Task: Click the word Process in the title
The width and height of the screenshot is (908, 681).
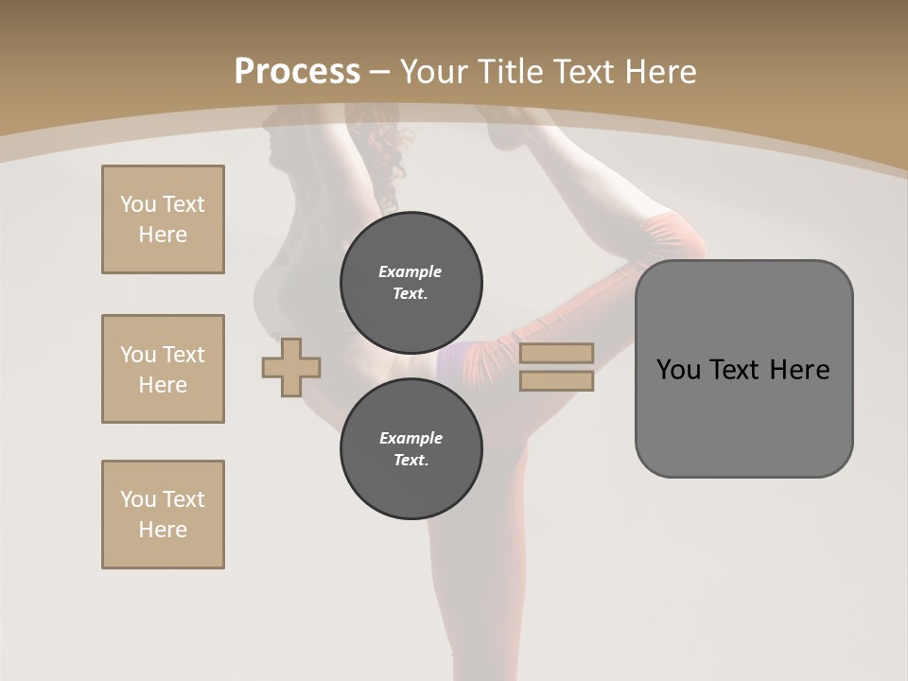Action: pyautogui.click(x=297, y=72)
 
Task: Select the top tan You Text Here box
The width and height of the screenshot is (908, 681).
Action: pyautogui.click(x=163, y=219)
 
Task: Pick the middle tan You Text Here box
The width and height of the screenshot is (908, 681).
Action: pyautogui.click(x=163, y=369)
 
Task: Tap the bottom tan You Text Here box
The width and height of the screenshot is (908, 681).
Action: pyautogui.click(x=163, y=515)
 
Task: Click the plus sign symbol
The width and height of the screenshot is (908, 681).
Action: pyautogui.click(x=291, y=367)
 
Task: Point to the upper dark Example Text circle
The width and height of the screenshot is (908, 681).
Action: pyautogui.click(x=410, y=282)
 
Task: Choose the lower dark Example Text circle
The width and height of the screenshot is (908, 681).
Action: pyautogui.click(x=410, y=448)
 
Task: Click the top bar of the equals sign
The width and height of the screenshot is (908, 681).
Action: pyautogui.click(x=556, y=353)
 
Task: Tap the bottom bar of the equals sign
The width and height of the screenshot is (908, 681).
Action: pyautogui.click(x=556, y=381)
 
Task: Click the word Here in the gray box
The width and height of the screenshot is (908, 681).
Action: pyautogui.click(x=799, y=370)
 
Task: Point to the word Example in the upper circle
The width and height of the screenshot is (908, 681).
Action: pyautogui.click(x=410, y=271)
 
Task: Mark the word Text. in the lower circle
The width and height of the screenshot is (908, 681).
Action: pyautogui.click(x=410, y=461)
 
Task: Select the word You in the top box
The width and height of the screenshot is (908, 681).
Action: pyautogui.click(x=137, y=204)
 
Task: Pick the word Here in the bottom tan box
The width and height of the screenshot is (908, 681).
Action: pyautogui.click(x=163, y=530)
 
